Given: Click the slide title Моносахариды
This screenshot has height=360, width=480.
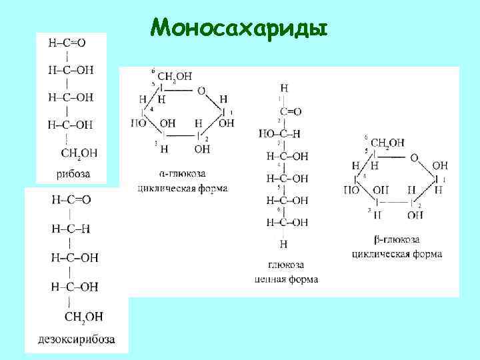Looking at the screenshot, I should [x=239, y=27].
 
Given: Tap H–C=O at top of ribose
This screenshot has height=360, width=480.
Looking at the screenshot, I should [x=67, y=43].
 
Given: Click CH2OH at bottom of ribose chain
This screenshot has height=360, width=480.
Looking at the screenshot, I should [x=79, y=153].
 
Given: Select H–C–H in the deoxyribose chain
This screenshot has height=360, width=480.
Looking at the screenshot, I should [x=71, y=229].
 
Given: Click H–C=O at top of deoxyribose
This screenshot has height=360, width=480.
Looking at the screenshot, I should [x=70, y=199].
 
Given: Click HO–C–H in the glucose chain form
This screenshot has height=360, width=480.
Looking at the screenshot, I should [x=283, y=133].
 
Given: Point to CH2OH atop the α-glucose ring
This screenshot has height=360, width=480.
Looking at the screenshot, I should [x=175, y=77].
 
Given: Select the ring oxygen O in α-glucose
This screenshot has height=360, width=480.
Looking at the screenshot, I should [x=201, y=91].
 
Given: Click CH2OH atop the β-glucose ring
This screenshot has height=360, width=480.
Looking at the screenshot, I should [x=387, y=143].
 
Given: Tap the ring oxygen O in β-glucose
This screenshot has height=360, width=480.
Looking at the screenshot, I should [x=414, y=158].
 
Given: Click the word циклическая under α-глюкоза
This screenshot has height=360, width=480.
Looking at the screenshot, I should [x=163, y=189].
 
